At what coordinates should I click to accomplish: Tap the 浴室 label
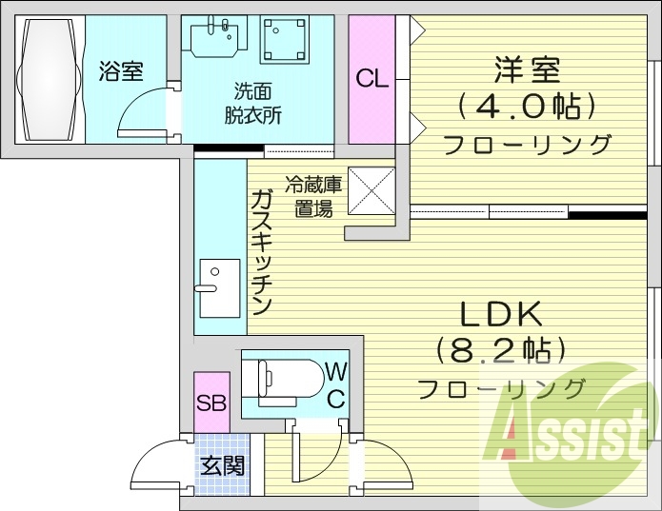pyautogui.click(x=121, y=70)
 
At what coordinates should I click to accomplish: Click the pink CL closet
pyautogui.click(x=372, y=80)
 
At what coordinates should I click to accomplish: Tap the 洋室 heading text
pyautogui.click(x=527, y=70)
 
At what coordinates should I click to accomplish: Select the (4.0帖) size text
pyautogui.click(x=527, y=106)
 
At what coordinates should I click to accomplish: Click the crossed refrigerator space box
pyautogui.click(x=371, y=191)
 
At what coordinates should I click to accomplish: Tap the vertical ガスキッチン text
pyautogui.click(x=262, y=252)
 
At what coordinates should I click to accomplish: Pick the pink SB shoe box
pyautogui.click(x=211, y=401)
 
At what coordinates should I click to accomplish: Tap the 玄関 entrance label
pyautogui.click(x=223, y=465)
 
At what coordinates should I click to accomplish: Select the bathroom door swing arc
pyautogui.click(x=143, y=112)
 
